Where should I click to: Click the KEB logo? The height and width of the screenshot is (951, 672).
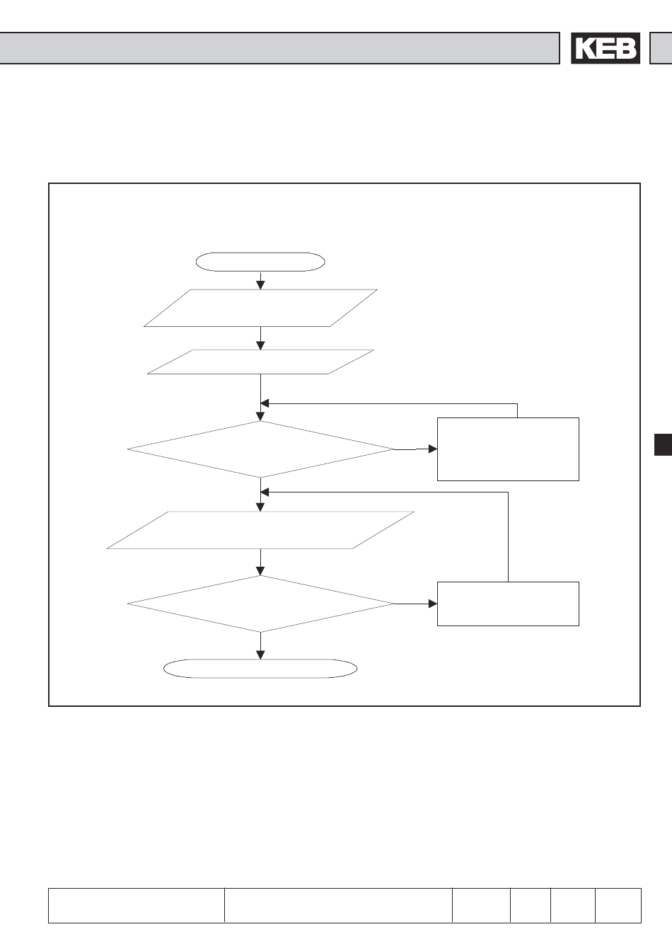coord(606,48)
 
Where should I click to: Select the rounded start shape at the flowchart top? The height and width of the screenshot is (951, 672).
coord(260,262)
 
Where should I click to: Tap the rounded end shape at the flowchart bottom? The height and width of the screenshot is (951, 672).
coord(260,669)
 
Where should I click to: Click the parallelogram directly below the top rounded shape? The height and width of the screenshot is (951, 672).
coord(260,308)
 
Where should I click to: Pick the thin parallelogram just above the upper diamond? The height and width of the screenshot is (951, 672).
coord(260,362)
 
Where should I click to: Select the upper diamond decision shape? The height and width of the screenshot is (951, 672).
coord(260,449)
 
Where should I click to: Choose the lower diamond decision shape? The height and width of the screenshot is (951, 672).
coord(260,604)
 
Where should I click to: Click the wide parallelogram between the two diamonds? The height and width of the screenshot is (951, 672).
coord(260,530)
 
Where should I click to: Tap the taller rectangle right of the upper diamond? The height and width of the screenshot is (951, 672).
coord(508,449)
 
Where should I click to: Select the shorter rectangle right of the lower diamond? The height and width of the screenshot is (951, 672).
coord(508,604)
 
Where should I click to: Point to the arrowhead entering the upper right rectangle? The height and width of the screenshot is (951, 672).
coord(433,449)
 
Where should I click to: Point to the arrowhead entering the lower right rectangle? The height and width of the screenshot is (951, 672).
coord(433,604)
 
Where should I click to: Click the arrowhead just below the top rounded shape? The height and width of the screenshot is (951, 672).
coord(260,285)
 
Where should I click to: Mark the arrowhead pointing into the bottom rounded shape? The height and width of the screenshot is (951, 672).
coord(260,655)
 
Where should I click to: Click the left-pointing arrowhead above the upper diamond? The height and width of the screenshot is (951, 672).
coord(265,403)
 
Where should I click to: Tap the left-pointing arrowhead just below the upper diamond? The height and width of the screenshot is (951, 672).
coord(265,492)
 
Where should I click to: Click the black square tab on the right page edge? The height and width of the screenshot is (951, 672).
coord(663,444)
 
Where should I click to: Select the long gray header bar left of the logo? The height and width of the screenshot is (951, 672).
coord(279,48)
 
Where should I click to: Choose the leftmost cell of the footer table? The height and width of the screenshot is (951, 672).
coord(137,906)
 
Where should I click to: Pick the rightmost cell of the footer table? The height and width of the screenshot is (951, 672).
coord(618,906)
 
